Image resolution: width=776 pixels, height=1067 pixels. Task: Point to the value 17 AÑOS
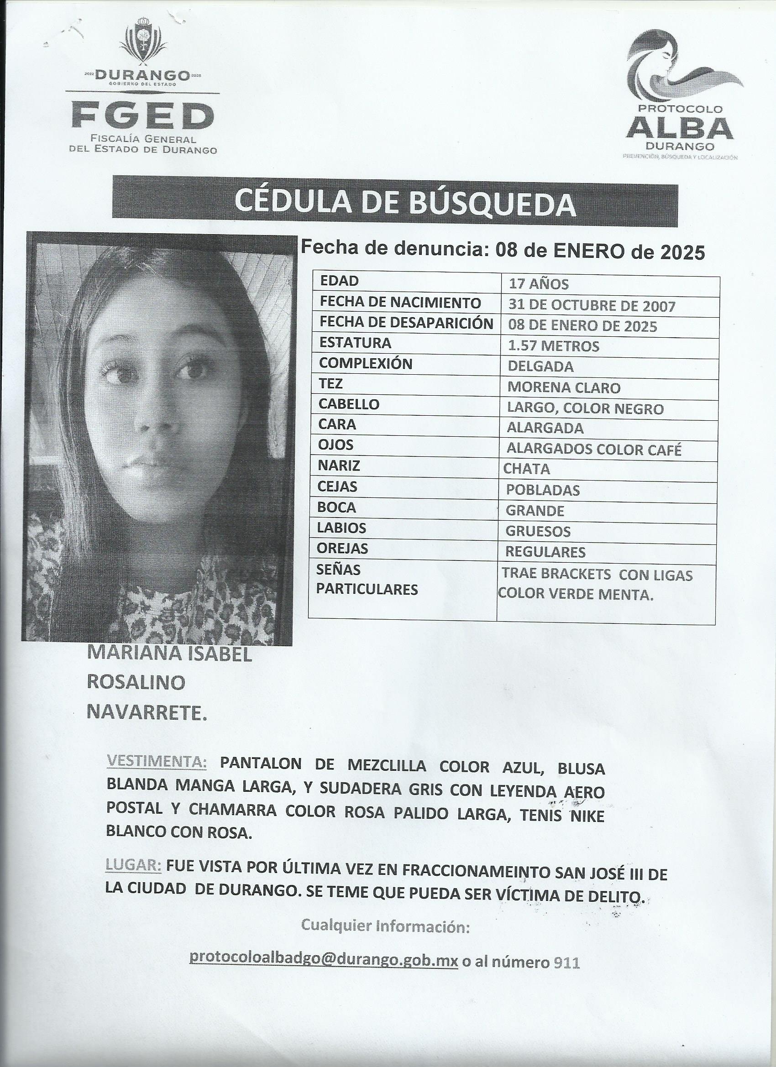[x=539, y=285]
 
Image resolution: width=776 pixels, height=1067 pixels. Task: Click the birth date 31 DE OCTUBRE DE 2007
[x=592, y=306]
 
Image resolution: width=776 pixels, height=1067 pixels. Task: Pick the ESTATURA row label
[x=355, y=343]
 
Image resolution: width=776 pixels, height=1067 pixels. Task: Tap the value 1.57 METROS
[x=553, y=346]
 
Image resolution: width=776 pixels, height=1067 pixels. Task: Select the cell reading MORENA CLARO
[x=564, y=387]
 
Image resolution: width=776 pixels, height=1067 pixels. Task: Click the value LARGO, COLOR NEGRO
[x=585, y=408]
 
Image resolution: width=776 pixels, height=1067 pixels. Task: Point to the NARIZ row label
[x=339, y=466]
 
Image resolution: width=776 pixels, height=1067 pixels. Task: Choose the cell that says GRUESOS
[x=538, y=531]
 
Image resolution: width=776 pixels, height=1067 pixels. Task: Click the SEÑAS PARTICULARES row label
[x=367, y=580]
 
